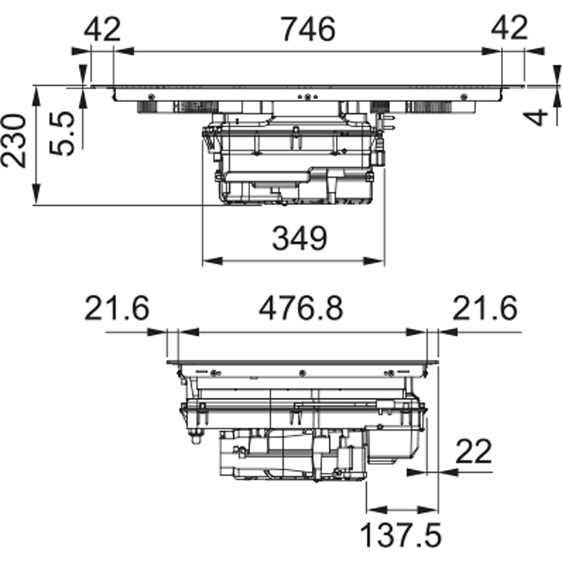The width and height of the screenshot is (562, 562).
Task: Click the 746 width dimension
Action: [x=308, y=30]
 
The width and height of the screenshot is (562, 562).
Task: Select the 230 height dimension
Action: [x=13, y=140]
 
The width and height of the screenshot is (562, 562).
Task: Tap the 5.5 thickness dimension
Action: [x=61, y=133]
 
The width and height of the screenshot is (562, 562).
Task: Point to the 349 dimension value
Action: [x=300, y=238]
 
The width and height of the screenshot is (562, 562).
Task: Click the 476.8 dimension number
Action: [x=301, y=308]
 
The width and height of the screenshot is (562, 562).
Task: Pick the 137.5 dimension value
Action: [x=400, y=535]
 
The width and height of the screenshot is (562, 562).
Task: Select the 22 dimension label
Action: [x=473, y=451]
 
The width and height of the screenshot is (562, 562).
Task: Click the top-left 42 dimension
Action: [x=102, y=29]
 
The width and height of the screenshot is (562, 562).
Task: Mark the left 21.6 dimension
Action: [x=117, y=308]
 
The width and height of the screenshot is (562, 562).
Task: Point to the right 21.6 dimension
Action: [x=485, y=308]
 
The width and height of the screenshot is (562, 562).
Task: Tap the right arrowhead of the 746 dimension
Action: [x=491, y=51]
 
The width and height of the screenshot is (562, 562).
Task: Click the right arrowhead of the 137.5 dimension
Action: [x=429, y=509]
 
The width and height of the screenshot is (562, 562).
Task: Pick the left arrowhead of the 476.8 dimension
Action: [x=188, y=332]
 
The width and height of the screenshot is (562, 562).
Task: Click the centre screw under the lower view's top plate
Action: [x=302, y=374]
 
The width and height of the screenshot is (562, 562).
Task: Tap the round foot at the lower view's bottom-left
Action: [x=195, y=438]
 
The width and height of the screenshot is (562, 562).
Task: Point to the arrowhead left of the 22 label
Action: [x=417, y=472]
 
